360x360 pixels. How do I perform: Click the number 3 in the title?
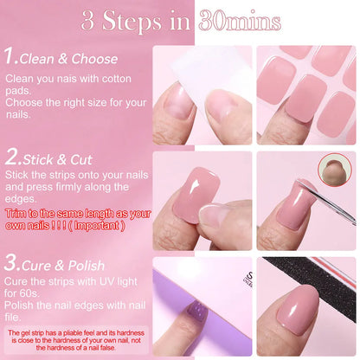[x=87, y=22]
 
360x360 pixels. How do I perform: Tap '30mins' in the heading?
[x=239, y=22]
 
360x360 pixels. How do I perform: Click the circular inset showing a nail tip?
[x=335, y=171]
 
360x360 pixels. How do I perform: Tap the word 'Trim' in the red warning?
[x=16, y=213]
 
